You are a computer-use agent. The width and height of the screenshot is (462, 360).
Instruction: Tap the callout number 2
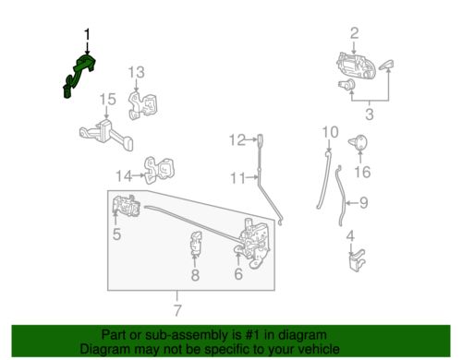pos(355,33)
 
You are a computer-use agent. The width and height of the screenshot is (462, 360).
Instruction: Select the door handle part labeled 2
pos(356,66)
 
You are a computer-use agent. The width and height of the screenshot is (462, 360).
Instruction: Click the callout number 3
pos(370,114)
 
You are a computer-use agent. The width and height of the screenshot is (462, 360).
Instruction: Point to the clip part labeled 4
pos(357,261)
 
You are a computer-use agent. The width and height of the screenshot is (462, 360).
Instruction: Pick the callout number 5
pos(116,234)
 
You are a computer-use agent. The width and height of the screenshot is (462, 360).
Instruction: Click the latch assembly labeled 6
pos(254,243)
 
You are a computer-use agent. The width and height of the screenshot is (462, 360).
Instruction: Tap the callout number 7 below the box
pos(177,310)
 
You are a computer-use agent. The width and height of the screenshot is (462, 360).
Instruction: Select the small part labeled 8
pos(196,244)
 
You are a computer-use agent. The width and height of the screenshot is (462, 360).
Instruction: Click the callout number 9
pos(364,203)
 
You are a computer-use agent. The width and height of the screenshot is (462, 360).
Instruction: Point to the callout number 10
pos(330,132)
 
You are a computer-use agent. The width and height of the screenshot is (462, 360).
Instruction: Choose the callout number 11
pos(237,178)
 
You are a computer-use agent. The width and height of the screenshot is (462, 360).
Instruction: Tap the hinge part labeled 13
pos(142,104)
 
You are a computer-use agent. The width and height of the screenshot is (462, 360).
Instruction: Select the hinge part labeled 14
pos(160,170)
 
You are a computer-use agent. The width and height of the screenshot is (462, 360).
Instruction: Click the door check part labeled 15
pos(106,135)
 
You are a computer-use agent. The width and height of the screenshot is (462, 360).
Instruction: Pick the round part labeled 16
pos(359,142)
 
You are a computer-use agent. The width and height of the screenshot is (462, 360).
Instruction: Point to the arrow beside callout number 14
pos(139,175)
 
